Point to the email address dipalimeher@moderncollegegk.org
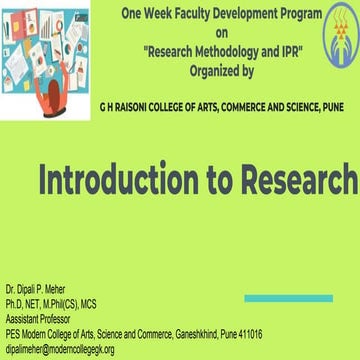60,349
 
